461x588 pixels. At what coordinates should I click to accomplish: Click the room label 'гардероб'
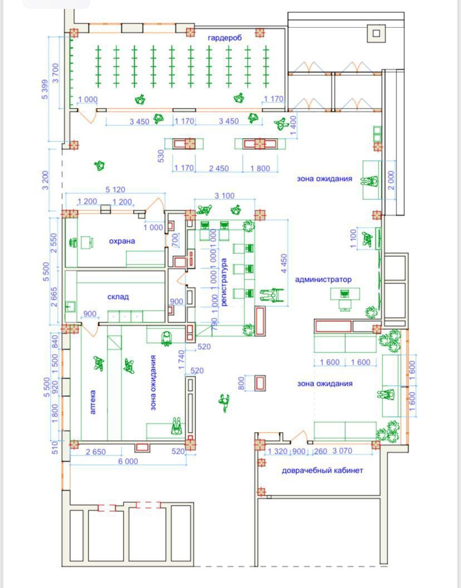tap(225, 38)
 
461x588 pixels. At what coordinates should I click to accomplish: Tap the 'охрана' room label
tap(122, 241)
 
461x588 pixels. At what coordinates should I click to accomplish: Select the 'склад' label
tap(118, 297)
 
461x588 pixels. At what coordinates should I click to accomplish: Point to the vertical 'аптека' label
tap(93, 402)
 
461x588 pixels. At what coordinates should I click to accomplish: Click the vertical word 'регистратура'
tap(224, 282)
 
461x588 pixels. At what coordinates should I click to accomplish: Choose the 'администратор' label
tap(323, 280)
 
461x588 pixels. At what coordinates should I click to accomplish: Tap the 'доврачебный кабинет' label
tap(322, 471)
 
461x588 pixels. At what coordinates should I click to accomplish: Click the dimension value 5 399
tap(45, 89)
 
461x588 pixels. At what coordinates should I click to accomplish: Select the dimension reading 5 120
tap(116, 190)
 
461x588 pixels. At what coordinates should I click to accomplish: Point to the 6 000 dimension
tap(128, 461)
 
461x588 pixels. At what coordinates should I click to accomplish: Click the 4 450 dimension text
tap(284, 263)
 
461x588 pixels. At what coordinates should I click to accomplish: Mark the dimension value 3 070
tap(342, 451)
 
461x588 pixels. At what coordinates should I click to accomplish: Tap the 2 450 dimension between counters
tap(219, 168)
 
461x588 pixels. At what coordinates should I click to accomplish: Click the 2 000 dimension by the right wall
tap(391, 180)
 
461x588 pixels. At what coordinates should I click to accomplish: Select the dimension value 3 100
tap(225, 196)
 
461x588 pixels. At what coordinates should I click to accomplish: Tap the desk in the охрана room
tap(87, 242)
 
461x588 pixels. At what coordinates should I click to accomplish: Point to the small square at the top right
tap(376, 33)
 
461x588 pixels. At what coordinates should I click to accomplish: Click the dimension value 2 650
tap(96, 452)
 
